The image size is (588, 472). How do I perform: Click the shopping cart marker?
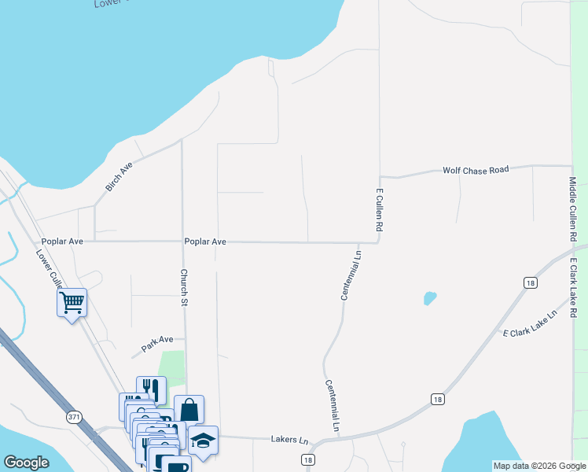72,302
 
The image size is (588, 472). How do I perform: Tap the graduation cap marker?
203,441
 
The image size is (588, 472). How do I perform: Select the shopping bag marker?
189,409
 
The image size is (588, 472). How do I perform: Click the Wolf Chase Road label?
476,169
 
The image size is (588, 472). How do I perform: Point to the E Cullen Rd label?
379,209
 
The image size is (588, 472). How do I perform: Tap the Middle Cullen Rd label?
573,208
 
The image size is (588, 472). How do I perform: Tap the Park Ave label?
156,344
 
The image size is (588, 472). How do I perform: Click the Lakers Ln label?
288,439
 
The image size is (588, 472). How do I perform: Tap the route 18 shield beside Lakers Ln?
307,459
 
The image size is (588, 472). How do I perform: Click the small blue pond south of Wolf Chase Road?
429,298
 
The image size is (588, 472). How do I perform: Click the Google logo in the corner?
26,463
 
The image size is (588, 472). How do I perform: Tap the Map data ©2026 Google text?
538,466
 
